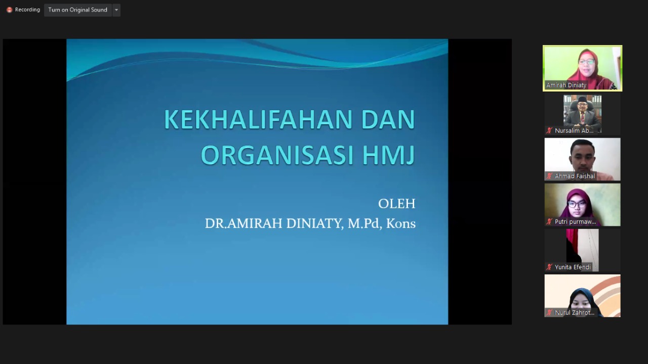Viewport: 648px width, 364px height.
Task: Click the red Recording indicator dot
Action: [x=9, y=10]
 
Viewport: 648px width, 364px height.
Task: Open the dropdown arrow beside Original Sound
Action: [x=116, y=10]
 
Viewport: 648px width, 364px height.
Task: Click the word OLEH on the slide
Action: [x=396, y=204]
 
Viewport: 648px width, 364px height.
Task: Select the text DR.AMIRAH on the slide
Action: [x=244, y=223]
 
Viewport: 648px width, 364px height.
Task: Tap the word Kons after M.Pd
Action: [x=400, y=223]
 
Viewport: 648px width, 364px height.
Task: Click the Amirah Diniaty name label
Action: [x=566, y=85]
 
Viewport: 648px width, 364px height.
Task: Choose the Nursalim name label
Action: [x=574, y=131]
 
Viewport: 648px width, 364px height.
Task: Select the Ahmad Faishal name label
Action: [x=575, y=176]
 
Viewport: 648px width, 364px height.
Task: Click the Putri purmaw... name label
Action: [x=575, y=222]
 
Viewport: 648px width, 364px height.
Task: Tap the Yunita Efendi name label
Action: [x=573, y=267]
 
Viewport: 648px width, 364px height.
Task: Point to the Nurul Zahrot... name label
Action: [x=575, y=313]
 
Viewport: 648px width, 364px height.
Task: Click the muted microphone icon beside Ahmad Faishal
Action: [x=549, y=176]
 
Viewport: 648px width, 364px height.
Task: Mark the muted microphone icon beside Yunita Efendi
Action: [x=549, y=267]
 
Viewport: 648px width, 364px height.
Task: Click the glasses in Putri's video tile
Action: [x=577, y=205]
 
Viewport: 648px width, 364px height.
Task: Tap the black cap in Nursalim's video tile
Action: [x=582, y=99]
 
